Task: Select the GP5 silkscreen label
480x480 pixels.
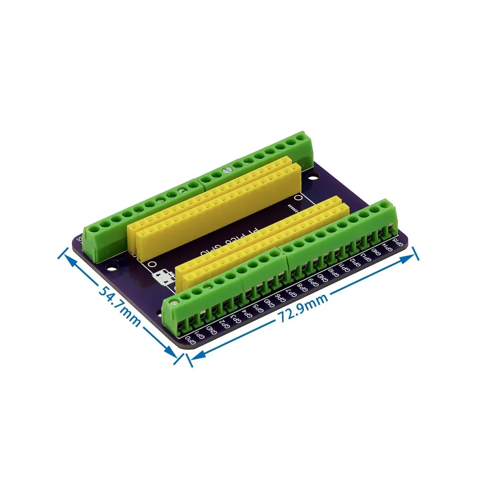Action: tap(258, 307)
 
